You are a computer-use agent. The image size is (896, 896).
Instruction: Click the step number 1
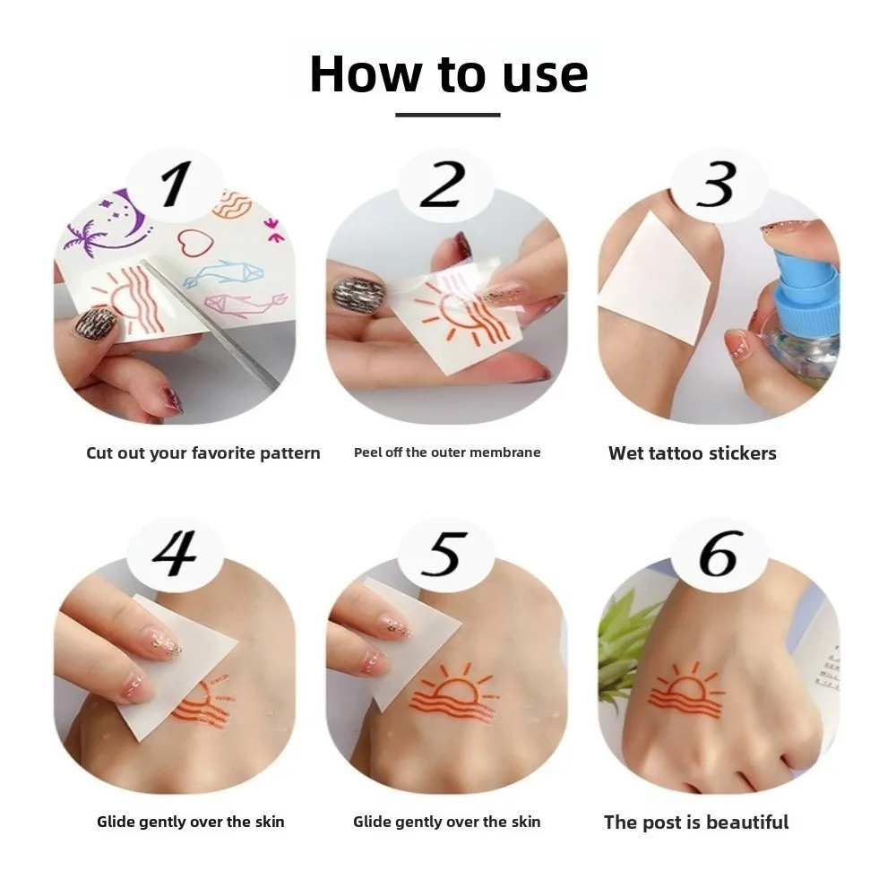point(175,185)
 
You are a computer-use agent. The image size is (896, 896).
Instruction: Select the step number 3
point(716,185)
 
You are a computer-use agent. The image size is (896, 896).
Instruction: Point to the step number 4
point(175,553)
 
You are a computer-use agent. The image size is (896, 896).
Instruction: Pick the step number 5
point(445,553)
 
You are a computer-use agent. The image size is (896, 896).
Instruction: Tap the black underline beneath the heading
point(447,115)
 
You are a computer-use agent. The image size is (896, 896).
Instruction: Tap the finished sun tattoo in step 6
point(685,690)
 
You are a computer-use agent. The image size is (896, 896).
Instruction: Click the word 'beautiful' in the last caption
point(747,822)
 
